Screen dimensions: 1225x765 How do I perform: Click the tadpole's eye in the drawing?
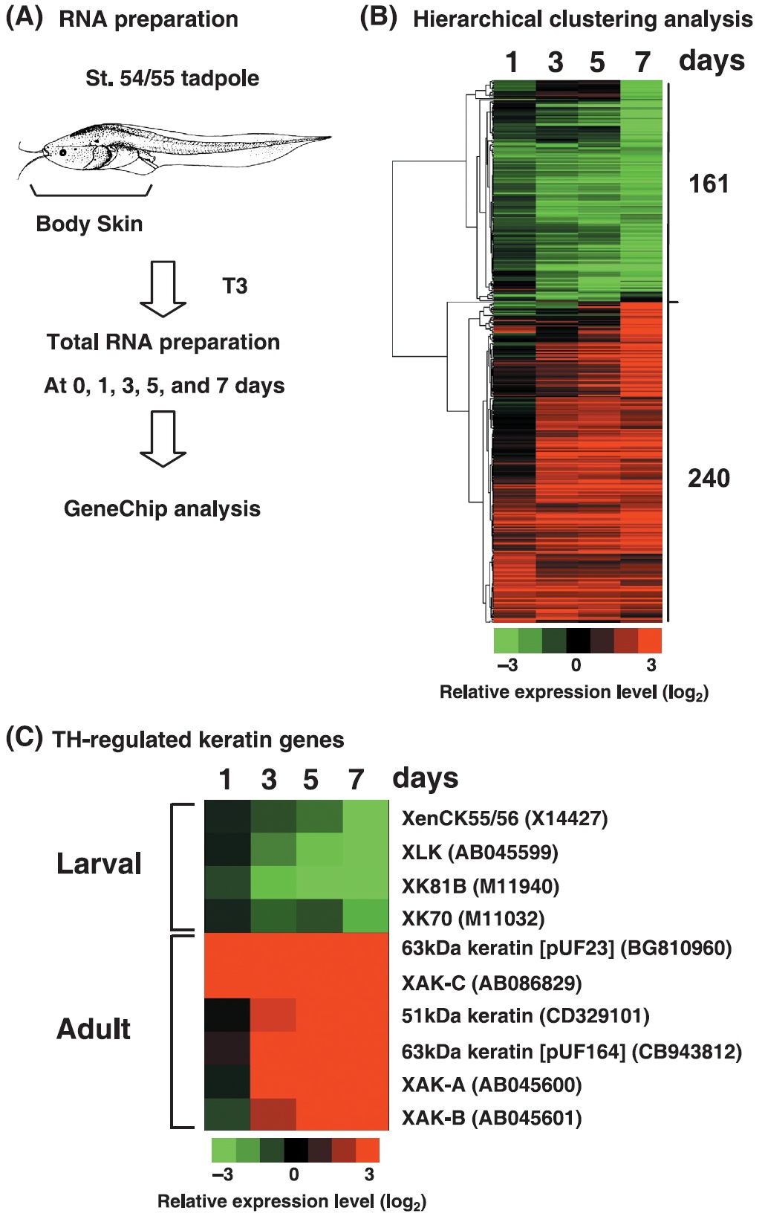tap(63, 152)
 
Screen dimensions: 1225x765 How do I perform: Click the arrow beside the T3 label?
tap(163, 288)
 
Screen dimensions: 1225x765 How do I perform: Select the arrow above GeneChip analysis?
tap(163, 439)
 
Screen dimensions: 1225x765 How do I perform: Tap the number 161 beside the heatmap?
tap(709, 184)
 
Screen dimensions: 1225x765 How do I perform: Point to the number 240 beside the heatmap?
tap(709, 478)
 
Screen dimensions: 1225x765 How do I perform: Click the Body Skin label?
tap(89, 224)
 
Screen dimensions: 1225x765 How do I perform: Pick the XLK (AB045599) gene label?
tap(480, 852)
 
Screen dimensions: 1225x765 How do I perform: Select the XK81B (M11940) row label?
tap(480, 885)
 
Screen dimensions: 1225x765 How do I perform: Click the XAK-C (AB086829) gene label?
tap(491, 983)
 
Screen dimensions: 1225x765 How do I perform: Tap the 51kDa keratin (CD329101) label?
tap(525, 1015)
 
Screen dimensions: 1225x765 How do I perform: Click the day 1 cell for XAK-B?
tap(227, 1114)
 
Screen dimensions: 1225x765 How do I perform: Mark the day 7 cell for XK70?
tap(366, 916)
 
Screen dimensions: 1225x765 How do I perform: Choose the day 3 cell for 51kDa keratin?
tap(273, 1015)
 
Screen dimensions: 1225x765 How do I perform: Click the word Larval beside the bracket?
tap(99, 864)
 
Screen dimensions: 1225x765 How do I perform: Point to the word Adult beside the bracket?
tap(94, 1029)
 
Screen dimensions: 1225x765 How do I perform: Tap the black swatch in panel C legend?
tap(296, 1150)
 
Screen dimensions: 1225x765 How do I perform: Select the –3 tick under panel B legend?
tap(507, 665)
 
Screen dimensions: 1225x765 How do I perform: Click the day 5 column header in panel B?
tap(597, 62)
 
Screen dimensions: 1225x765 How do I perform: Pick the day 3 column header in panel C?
tap(269, 780)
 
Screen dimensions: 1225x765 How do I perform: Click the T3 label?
tap(235, 286)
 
